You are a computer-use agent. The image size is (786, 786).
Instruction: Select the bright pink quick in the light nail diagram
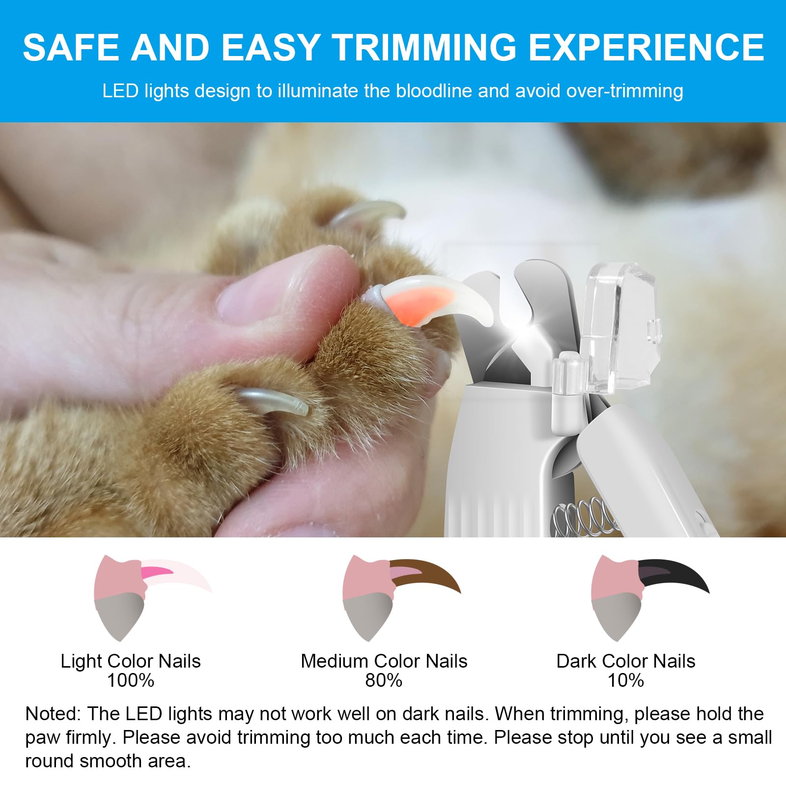pyautogui.click(x=156, y=571)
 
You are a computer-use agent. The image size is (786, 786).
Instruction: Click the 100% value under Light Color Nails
pyautogui.click(x=131, y=680)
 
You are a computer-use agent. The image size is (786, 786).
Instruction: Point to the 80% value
pyautogui.click(x=384, y=680)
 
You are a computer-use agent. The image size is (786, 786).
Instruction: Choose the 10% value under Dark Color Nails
pyautogui.click(x=626, y=680)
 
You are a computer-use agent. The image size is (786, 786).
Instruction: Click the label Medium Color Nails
pyautogui.click(x=384, y=661)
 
